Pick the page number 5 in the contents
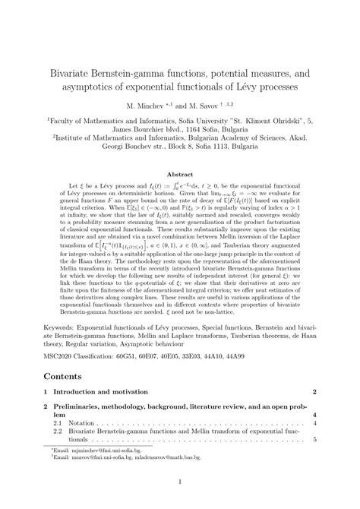(x=314, y=440)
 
